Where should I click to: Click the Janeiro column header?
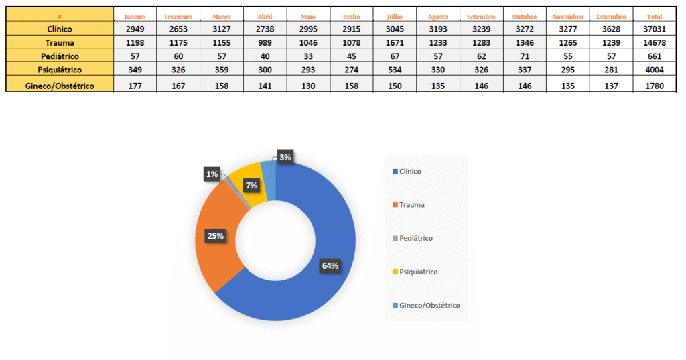coord(135,16)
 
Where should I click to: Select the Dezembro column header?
coord(611,16)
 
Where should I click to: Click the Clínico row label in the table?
coord(60,29)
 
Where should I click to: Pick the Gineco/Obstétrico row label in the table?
coord(60,86)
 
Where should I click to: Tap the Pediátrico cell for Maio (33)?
coord(308,56)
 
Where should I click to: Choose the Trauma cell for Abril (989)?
coord(265,43)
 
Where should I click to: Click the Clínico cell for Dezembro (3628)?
coord(611,29)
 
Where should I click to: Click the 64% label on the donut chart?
coord(330,266)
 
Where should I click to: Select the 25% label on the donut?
coord(215,236)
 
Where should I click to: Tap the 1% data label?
coord(212,174)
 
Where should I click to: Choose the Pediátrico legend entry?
coord(415,238)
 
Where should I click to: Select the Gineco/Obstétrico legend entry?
coord(429,305)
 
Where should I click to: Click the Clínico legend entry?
coord(410,172)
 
